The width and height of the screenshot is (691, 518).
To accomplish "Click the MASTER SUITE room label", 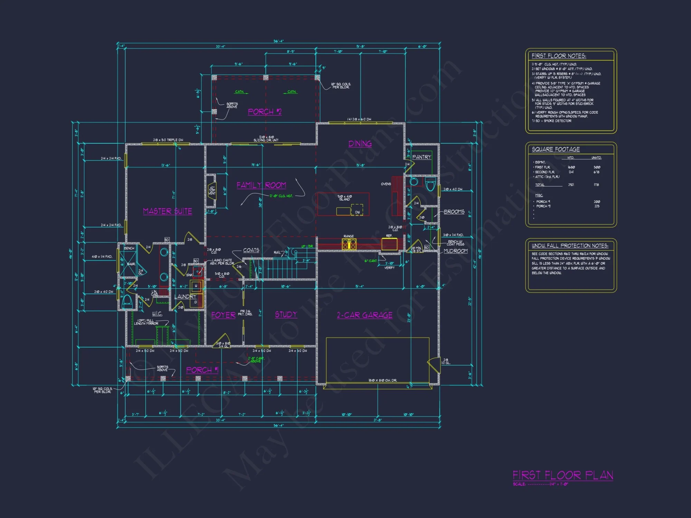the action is [x=168, y=211].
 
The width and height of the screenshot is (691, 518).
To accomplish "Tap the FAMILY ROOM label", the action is [x=261, y=185].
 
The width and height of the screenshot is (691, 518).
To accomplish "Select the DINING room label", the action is [x=360, y=144].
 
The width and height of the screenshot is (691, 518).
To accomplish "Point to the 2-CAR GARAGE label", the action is [x=365, y=315].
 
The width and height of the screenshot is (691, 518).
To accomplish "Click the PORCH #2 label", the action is [x=265, y=112].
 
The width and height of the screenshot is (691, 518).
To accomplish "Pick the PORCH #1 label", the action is [x=202, y=370].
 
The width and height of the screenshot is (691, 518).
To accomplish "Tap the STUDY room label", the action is [x=286, y=314].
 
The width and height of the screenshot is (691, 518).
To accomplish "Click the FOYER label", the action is [x=223, y=315].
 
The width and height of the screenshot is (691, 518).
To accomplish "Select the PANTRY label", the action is [x=422, y=157].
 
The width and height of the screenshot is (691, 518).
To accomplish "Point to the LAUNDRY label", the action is [x=185, y=297].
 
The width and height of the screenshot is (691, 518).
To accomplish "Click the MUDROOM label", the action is [x=455, y=251].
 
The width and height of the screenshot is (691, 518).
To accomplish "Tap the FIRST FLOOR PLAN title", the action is [x=563, y=476].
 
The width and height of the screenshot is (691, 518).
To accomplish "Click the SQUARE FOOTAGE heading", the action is [x=556, y=149].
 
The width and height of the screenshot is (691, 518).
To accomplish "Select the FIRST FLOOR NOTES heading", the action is [x=559, y=56].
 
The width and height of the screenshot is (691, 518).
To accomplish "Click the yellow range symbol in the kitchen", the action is [x=349, y=244].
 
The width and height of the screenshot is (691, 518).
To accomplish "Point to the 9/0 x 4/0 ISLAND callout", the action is [x=344, y=198].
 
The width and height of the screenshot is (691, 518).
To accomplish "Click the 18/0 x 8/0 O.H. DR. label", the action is [x=382, y=380].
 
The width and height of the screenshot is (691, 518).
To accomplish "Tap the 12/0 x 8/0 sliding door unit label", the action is [x=266, y=138].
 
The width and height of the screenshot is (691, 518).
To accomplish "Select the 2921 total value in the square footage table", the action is [x=571, y=185].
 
